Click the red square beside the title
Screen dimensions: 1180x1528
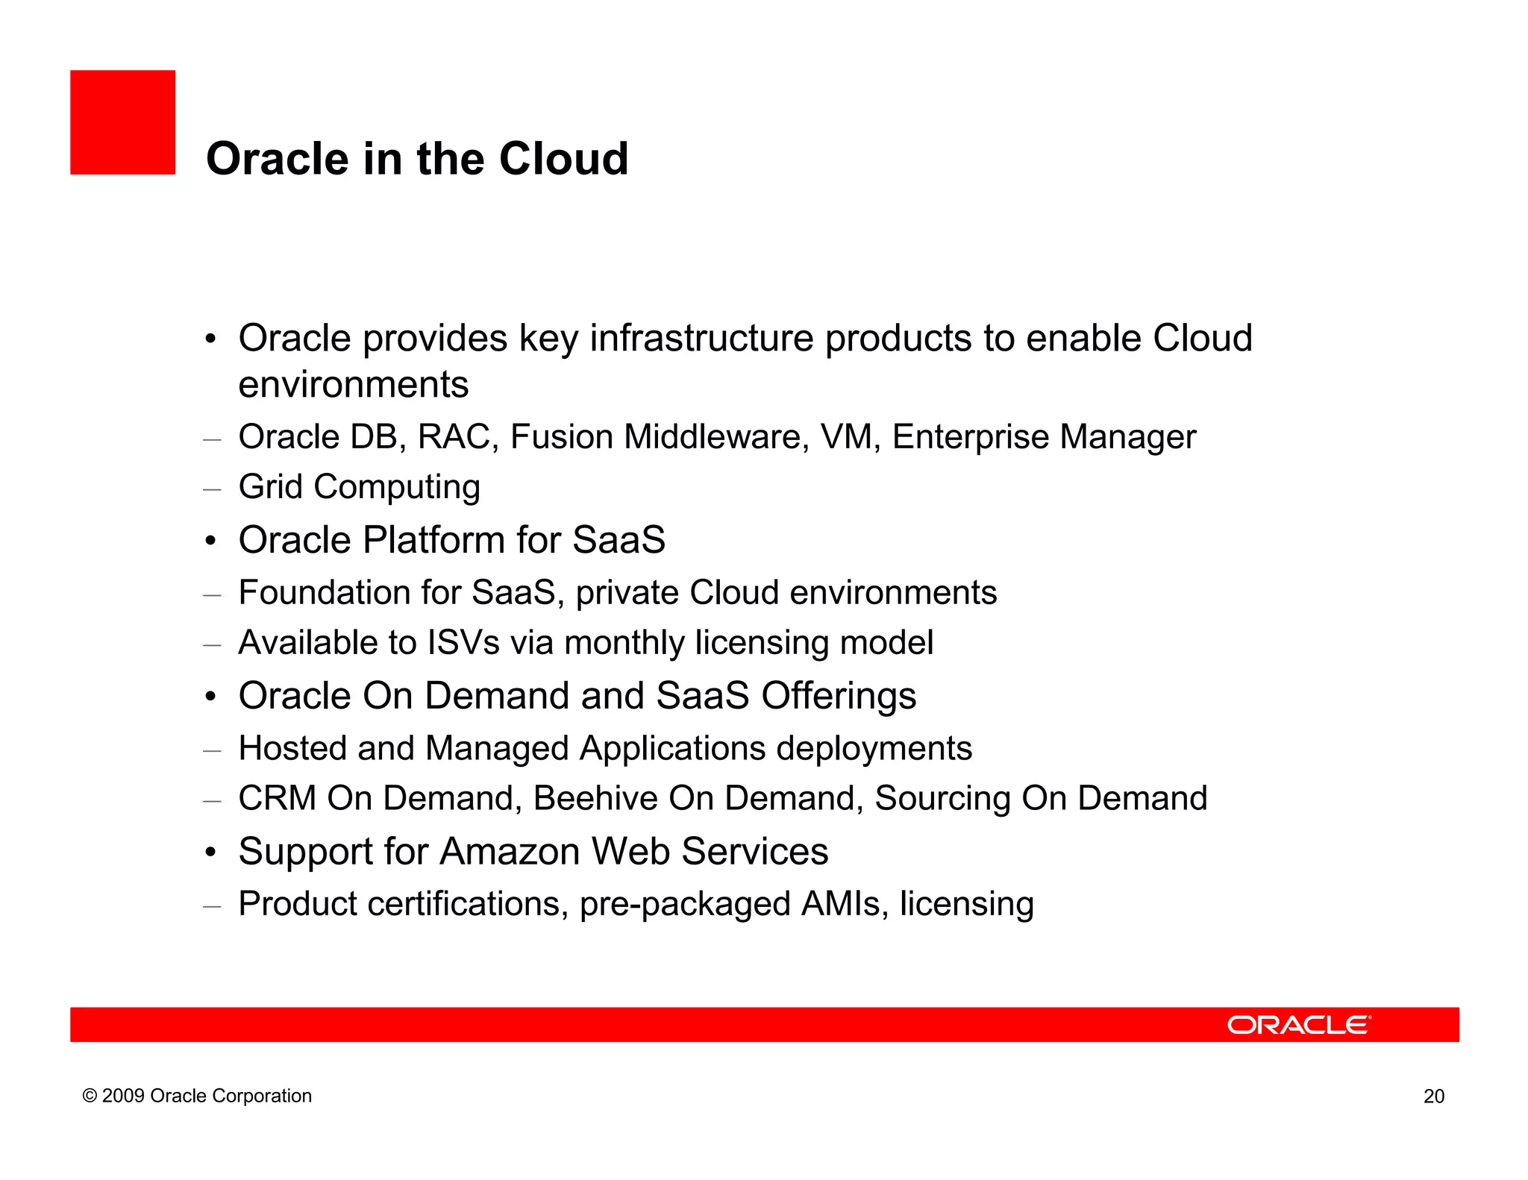coord(122,122)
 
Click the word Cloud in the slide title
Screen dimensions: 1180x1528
coord(563,159)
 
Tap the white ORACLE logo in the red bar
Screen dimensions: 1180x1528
coord(1298,1025)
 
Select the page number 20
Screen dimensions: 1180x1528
coord(1433,1096)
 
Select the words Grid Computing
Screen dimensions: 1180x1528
coord(359,487)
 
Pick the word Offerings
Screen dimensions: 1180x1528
coord(838,696)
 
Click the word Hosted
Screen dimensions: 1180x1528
coord(292,748)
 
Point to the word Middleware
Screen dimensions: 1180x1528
coord(716,437)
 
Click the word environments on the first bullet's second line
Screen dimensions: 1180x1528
coord(353,386)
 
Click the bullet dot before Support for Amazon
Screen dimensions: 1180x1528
coord(211,852)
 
